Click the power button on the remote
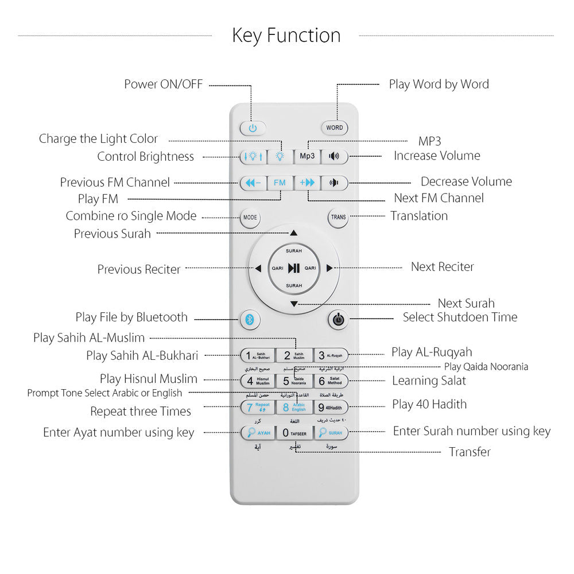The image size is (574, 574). pyautogui.click(x=253, y=128)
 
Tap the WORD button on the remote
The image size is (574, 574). pyautogui.click(x=334, y=128)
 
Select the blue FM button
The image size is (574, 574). pyautogui.click(x=280, y=183)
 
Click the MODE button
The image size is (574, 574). pyautogui.click(x=250, y=218)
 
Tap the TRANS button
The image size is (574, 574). pyautogui.click(x=338, y=218)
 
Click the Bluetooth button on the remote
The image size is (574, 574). pyautogui.click(x=250, y=319)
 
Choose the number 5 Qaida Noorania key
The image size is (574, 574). pyautogui.click(x=294, y=381)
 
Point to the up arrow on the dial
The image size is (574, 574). pyautogui.click(x=294, y=233)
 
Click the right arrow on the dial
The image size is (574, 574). pyautogui.click(x=329, y=268)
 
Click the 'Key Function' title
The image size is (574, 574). pyautogui.click(x=286, y=36)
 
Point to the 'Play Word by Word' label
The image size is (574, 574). pyautogui.click(x=439, y=84)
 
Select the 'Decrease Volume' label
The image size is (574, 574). pyautogui.click(x=466, y=182)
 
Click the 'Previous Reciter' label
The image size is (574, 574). pyautogui.click(x=139, y=270)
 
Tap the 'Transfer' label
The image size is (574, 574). pyautogui.click(x=470, y=452)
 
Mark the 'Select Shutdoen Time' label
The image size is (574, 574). pyautogui.click(x=460, y=317)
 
